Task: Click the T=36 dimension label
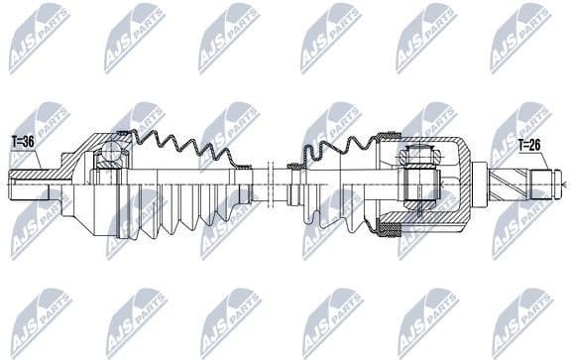23,142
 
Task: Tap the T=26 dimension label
530,145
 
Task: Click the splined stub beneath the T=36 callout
28,182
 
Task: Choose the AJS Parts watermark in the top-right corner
520,37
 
